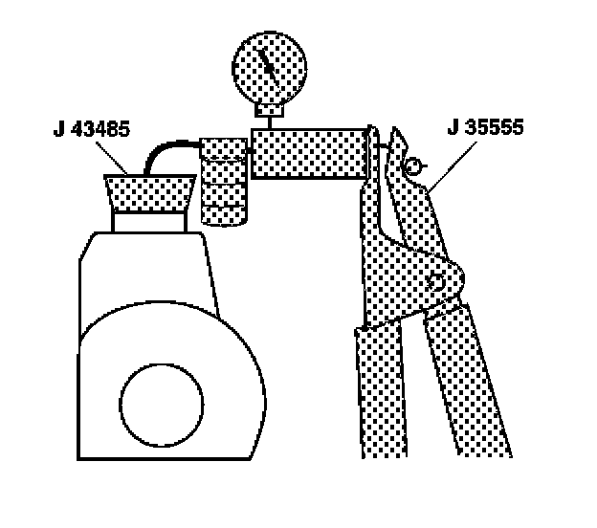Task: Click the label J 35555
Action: [x=485, y=127]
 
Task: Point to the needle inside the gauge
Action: [x=270, y=66]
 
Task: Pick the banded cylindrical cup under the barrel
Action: [x=224, y=182]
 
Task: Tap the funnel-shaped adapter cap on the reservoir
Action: [x=148, y=196]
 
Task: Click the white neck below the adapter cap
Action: [x=148, y=223]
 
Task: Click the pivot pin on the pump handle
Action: [x=438, y=282]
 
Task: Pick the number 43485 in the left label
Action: [x=101, y=127]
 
